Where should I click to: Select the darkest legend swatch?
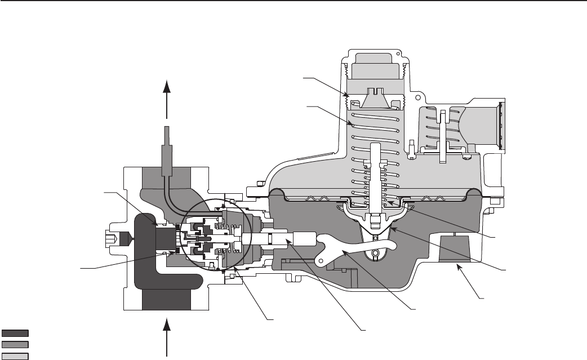[15, 332]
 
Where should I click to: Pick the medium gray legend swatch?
[15, 343]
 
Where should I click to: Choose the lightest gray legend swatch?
[15, 355]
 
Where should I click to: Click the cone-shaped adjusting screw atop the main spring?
[375, 99]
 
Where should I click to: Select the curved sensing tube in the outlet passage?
[169, 186]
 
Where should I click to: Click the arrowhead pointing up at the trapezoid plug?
[459, 268]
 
